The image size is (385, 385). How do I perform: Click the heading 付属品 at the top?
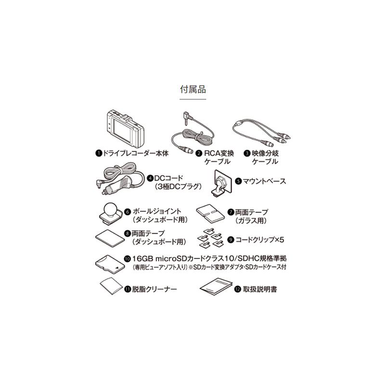point(192,90)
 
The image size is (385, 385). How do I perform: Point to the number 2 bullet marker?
point(198,153)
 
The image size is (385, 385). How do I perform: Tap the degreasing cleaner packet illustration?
point(110,286)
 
